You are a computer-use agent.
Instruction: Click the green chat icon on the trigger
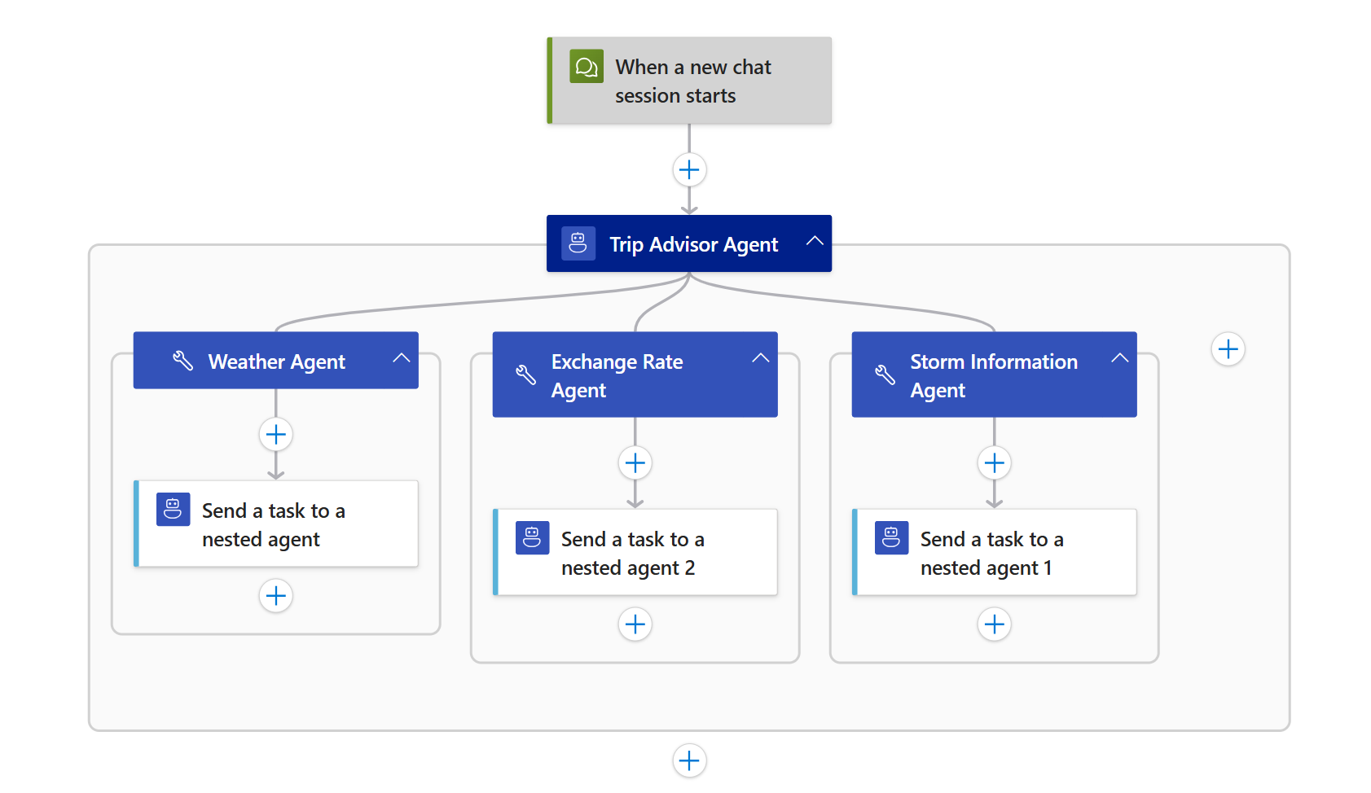587,67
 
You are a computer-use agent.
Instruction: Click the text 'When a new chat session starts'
692,81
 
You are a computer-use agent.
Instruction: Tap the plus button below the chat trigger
689,170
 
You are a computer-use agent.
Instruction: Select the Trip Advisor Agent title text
693,244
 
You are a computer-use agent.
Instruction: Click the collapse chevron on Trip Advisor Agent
815,241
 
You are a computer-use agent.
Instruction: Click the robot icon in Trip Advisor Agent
578,243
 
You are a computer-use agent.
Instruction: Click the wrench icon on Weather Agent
182,361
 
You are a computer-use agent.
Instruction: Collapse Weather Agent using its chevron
402,358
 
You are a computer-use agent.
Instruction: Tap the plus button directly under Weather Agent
276,435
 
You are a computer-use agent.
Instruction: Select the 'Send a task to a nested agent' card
275,524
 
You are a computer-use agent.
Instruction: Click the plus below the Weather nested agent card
276,596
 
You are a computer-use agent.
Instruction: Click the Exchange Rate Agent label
617,375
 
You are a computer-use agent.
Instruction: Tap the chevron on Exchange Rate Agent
761,358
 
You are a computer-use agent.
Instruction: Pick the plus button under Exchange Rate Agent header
635,463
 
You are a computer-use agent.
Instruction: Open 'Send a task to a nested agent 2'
635,553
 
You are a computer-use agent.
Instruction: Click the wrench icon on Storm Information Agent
885,375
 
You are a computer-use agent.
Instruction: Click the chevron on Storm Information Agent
1120,358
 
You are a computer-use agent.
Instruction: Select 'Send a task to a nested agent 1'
994,553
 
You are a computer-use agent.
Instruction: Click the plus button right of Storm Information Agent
1228,349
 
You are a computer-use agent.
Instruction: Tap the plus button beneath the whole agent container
689,760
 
